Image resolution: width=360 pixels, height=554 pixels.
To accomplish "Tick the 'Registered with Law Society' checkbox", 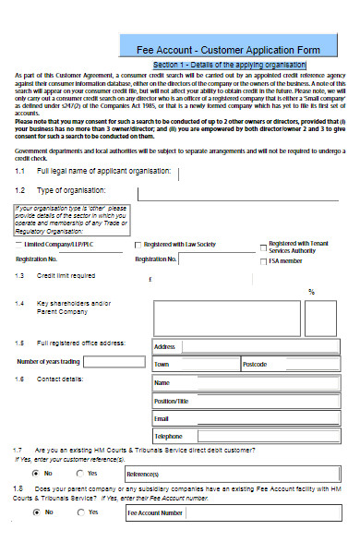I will coord(138,245).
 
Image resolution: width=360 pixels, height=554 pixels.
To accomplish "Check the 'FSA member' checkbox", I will coord(263,261).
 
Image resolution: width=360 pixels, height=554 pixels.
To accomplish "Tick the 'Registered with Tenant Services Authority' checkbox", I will coord(263,246).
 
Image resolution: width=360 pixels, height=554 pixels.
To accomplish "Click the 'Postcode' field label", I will coord(255,365).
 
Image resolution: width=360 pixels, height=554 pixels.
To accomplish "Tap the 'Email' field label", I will coord(162,418).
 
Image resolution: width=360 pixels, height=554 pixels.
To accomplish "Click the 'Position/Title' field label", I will coord(171,401).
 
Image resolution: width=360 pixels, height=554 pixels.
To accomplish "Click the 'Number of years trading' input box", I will coord(112,361).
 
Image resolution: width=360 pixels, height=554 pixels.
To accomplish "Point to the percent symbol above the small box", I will coord(311,292).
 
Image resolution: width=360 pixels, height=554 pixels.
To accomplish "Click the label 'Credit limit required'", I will coord(66,275).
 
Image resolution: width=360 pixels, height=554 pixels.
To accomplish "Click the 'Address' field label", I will coord(164,347).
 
